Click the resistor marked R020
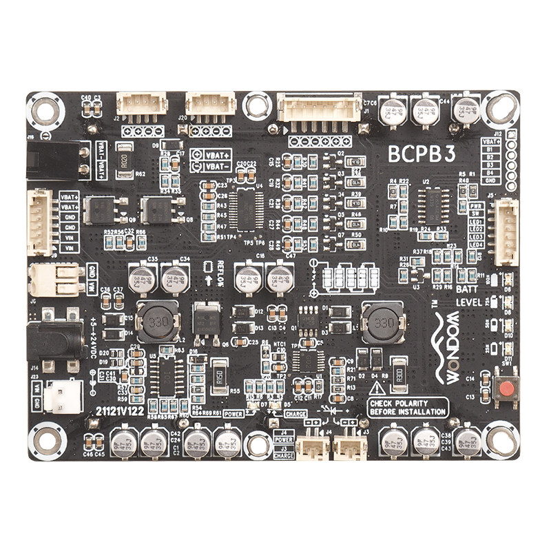coord(125,160)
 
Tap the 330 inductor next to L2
coord(157,320)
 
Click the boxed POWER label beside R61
coord(234,415)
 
